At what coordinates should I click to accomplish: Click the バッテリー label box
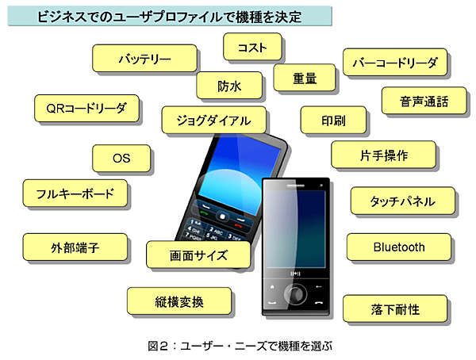coord(144,59)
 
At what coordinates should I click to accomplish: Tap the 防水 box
coord(229,85)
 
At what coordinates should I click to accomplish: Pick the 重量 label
coord(305,78)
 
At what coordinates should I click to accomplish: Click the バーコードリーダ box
coord(394,62)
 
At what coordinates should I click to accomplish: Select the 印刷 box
coord(333,121)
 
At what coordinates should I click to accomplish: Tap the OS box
coord(121,159)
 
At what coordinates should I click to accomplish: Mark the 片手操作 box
coord(383,155)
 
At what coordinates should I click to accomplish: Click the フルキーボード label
coord(75,193)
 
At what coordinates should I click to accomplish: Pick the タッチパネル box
coord(402,201)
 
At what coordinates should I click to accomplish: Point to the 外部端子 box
coord(75,247)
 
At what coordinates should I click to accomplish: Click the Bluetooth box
coord(399,247)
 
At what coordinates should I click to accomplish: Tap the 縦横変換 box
coord(180,301)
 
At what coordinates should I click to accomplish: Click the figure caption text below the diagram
coord(237,346)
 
